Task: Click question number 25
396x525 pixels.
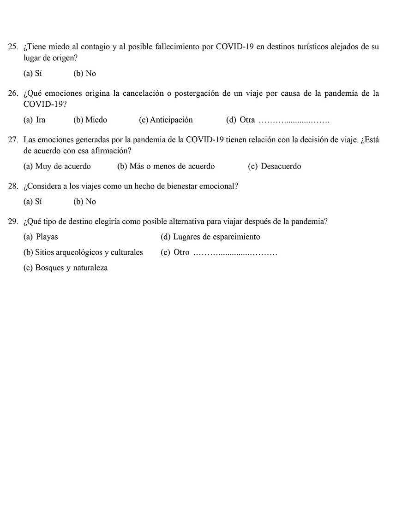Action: (13, 47)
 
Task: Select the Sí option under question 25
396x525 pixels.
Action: (32, 74)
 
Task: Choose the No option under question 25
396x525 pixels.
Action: (85, 74)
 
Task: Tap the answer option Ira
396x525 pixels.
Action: (35, 120)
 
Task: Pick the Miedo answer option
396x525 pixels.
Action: (90, 120)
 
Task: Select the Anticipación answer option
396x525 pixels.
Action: (166, 120)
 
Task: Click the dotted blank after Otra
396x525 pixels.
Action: (294, 121)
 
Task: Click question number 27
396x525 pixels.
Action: (13, 140)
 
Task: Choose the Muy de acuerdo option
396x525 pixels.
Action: (57, 166)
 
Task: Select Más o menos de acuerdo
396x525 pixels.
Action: (166, 166)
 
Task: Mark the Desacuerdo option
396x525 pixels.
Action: (275, 166)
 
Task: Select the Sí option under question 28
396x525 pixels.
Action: (32, 202)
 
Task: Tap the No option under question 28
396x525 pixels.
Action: (85, 202)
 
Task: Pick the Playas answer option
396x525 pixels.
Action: (41, 237)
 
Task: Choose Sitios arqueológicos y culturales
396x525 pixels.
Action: (83, 252)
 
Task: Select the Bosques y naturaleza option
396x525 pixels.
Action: (65, 268)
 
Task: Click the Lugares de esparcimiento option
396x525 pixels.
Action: (210, 237)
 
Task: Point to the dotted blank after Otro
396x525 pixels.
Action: (235, 253)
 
